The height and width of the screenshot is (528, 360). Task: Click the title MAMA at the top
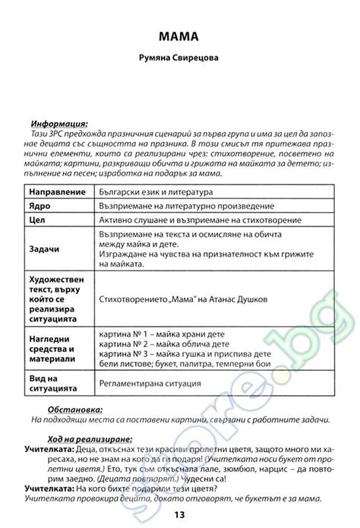[x=179, y=36]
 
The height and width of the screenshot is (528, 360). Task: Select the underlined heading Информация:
[x=58, y=123]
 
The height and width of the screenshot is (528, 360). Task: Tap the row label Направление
[x=52, y=192]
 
